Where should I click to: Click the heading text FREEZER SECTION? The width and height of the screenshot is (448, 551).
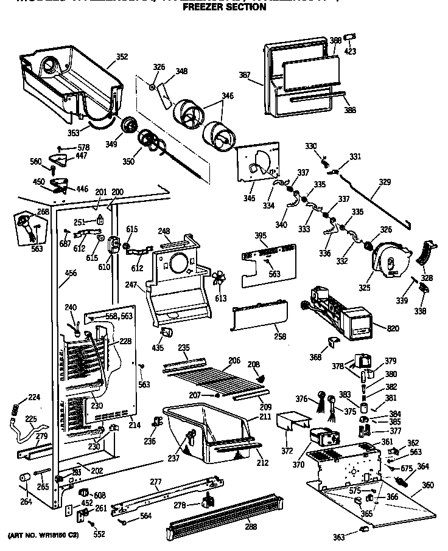pos(224,7)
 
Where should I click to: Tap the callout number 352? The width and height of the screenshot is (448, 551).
pos(122,57)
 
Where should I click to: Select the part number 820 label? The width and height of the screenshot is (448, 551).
pos(393,328)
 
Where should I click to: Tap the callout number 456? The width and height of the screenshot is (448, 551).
pos(71,274)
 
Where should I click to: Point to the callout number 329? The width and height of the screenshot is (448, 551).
pos(385,182)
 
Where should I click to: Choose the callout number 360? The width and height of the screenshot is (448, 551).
pos(428,485)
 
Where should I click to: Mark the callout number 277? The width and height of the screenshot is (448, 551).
pos(156,483)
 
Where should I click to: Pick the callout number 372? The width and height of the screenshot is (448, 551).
pos(287,451)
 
